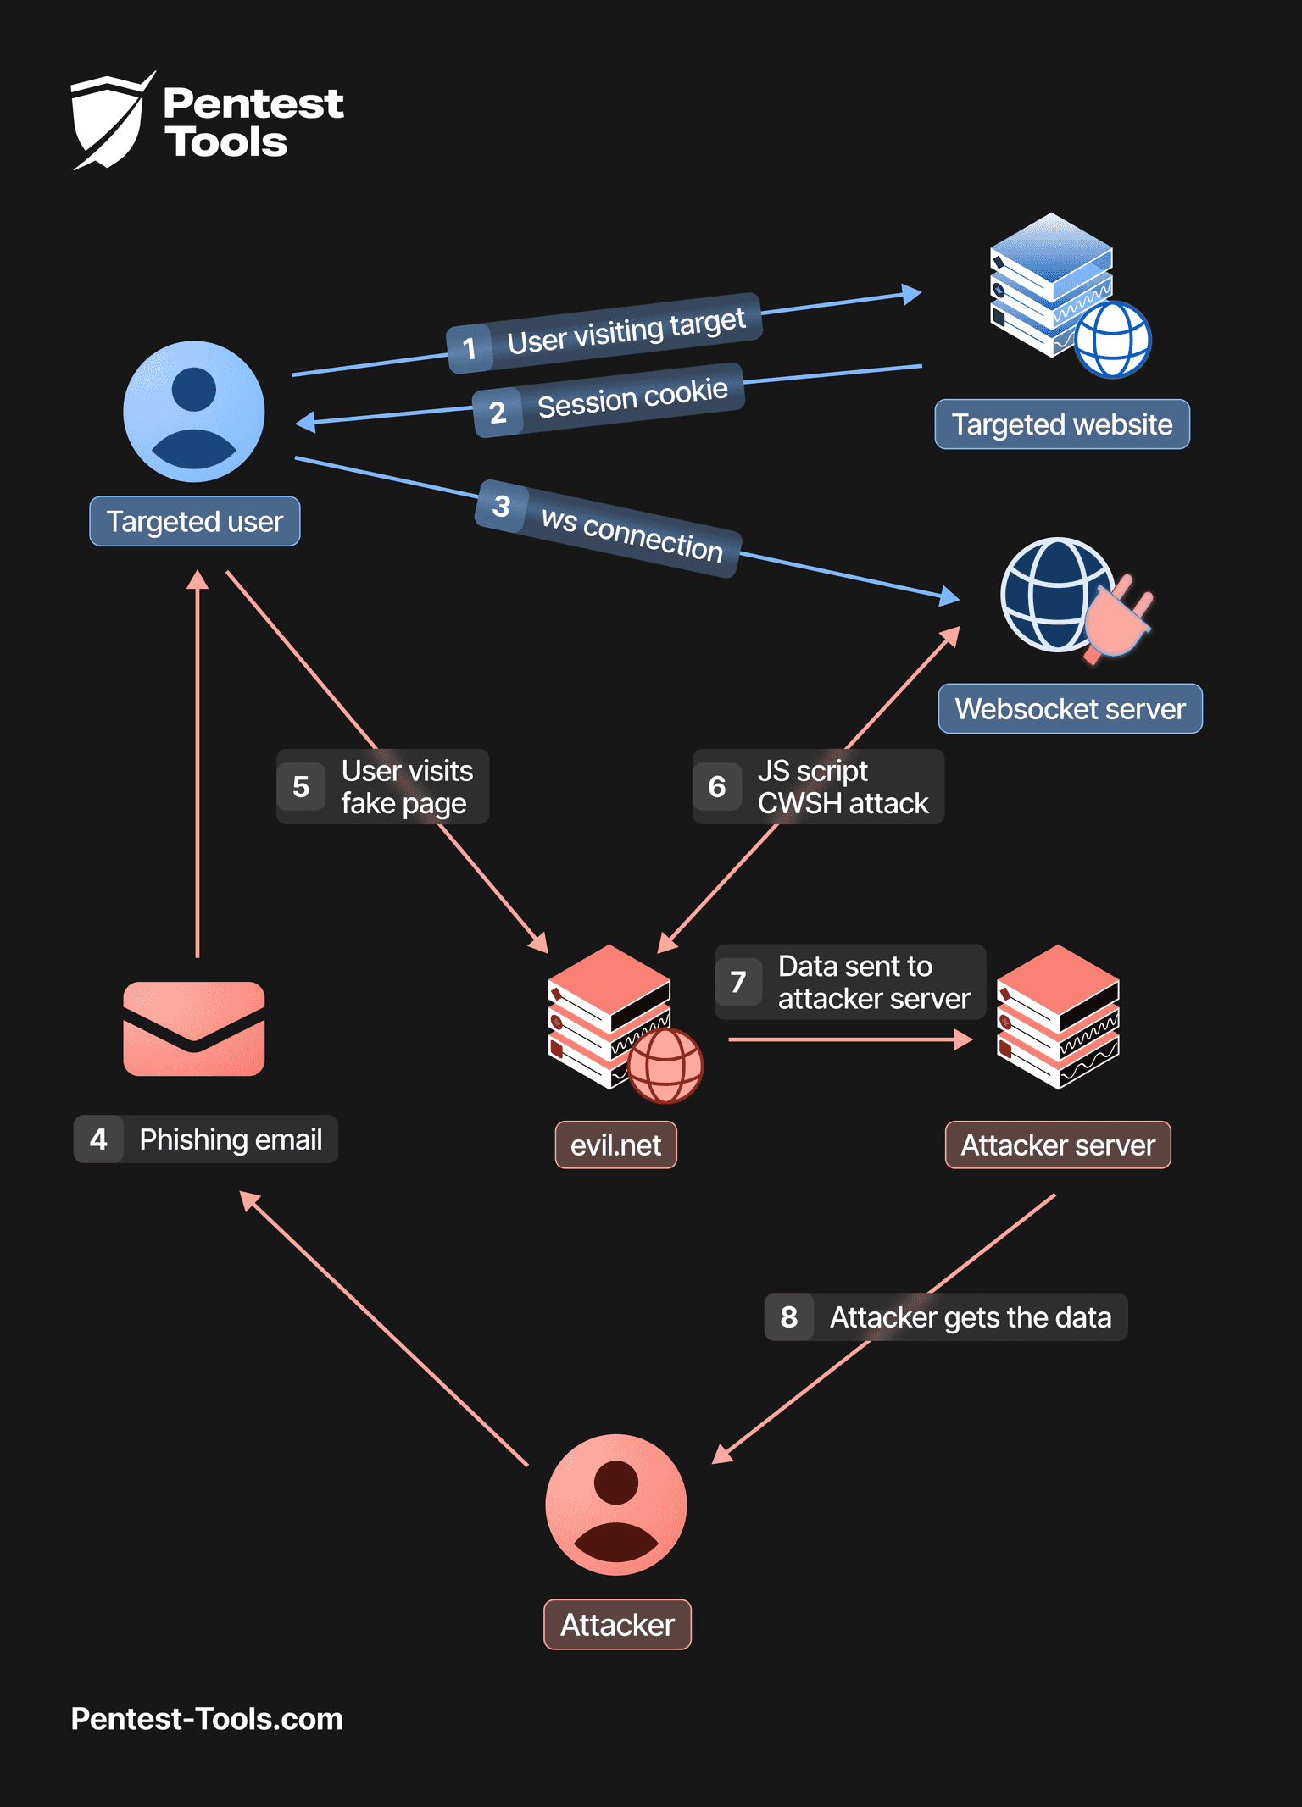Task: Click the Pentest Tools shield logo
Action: tap(110, 121)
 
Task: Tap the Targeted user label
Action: tap(194, 521)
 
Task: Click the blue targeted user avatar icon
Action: tap(194, 412)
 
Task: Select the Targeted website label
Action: tap(1061, 424)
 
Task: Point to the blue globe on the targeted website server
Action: tap(1113, 340)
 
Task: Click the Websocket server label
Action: tap(1070, 708)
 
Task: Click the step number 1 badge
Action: tap(469, 348)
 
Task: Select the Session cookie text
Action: tap(632, 397)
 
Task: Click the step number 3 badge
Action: tap(501, 506)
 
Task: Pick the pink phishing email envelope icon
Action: tap(194, 1028)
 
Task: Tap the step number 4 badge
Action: tap(98, 1139)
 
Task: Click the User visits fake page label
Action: tap(406, 786)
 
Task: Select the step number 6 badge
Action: tap(717, 786)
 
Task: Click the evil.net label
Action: tap(615, 1145)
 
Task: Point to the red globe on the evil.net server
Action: tap(665, 1066)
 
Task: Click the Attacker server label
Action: tap(1057, 1145)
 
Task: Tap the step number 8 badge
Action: tap(788, 1316)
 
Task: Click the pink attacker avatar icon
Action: tap(616, 1504)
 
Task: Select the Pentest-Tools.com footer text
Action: tap(207, 1718)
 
